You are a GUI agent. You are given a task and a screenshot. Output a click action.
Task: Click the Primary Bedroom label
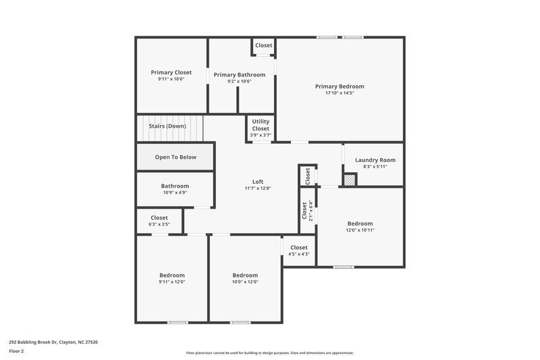tap(340, 86)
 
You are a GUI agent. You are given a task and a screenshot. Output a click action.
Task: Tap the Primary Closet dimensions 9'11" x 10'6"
tap(171, 79)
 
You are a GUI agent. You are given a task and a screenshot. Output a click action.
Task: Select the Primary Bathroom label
tap(240, 75)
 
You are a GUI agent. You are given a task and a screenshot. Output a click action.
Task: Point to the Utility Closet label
tap(261, 125)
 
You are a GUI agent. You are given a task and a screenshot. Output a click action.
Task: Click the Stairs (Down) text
tap(167, 126)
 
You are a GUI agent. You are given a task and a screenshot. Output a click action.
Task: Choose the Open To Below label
tap(175, 157)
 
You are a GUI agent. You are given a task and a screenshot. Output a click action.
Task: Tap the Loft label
tap(257, 182)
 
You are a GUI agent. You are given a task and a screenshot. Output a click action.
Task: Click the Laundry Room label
tap(375, 160)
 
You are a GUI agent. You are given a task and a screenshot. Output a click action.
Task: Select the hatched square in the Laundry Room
tap(349, 180)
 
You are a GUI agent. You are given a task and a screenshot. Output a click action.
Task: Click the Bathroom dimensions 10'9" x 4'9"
tap(175, 192)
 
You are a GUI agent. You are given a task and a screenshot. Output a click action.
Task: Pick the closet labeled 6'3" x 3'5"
tap(159, 221)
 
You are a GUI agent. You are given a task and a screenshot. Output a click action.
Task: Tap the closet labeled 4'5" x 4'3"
tap(298, 251)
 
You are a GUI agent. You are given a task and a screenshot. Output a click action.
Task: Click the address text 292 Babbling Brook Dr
tap(53, 342)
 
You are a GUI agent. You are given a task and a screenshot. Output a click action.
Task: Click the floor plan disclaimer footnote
tap(269, 353)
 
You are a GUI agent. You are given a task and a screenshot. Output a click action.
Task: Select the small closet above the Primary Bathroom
tap(263, 46)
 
